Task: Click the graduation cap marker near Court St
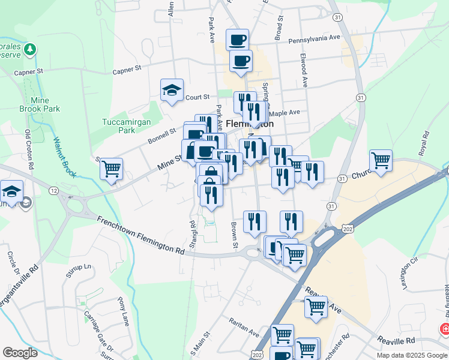pos(172,90)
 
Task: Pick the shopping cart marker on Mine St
pos(111,169)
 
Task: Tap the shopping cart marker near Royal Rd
pos(381,160)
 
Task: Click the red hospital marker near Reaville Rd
pos(445,329)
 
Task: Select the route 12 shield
pos(55,190)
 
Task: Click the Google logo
pos(20,353)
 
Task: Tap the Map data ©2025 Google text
pos(411,355)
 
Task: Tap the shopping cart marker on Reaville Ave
pos(316,307)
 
